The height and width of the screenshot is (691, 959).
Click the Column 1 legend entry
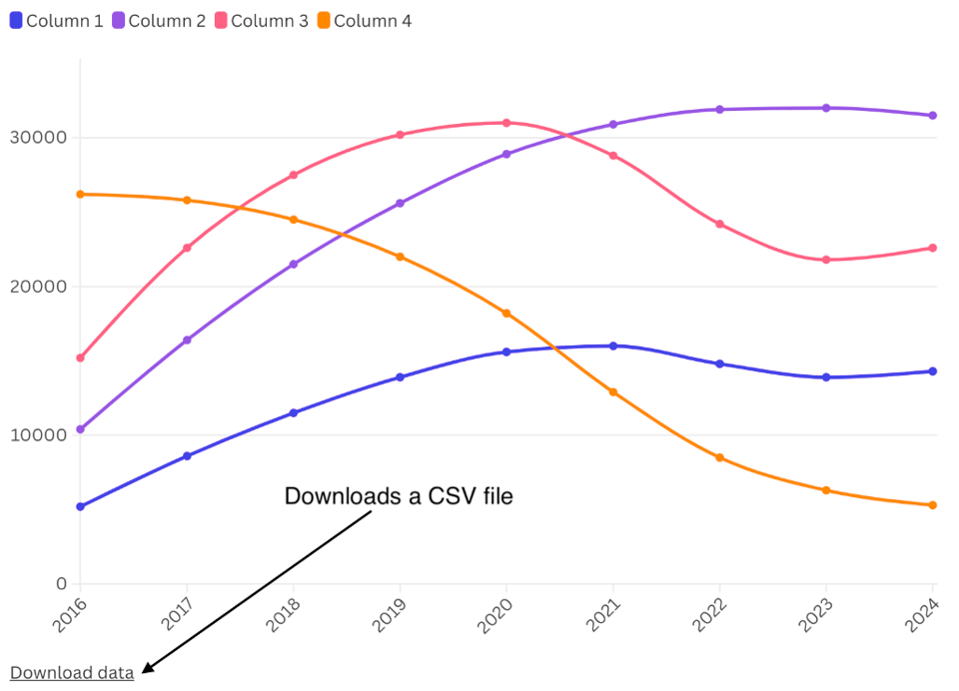pyautogui.click(x=57, y=21)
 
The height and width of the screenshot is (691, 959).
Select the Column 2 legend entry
pyautogui.click(x=159, y=21)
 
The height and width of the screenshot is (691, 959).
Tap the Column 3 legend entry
pyautogui.click(x=262, y=21)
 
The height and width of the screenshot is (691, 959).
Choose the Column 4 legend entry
pyautogui.click(x=364, y=21)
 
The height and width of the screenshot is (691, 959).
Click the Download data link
pyautogui.click(x=72, y=673)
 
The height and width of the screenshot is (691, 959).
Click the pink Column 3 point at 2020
pyautogui.click(x=506, y=123)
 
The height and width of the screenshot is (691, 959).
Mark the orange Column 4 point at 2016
pyautogui.click(x=80, y=194)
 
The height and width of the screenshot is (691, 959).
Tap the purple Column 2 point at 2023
pyautogui.click(x=826, y=108)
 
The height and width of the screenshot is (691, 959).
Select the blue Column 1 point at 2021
pyautogui.click(x=613, y=345)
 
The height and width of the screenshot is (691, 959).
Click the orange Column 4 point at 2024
pyautogui.click(x=933, y=505)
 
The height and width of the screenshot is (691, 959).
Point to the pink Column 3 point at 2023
pyautogui.click(x=826, y=260)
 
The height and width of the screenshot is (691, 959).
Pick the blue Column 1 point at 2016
pyautogui.click(x=80, y=506)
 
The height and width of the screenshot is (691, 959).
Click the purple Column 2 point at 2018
pyautogui.click(x=294, y=265)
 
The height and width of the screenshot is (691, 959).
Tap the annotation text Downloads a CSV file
pyautogui.click(x=399, y=495)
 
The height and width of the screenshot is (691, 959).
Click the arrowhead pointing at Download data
pyautogui.click(x=148, y=669)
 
